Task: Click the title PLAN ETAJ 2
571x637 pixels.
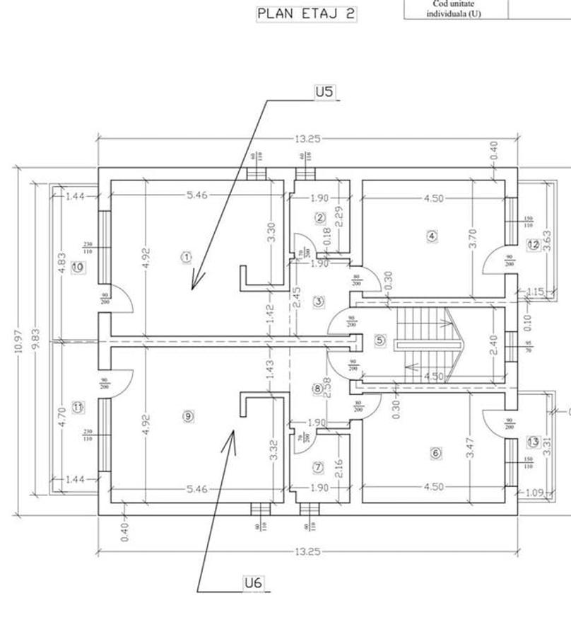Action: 306,13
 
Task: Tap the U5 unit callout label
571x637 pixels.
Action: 324,91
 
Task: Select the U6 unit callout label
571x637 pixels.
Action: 253,583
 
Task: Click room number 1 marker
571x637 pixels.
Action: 187,257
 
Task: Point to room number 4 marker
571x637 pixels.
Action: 432,236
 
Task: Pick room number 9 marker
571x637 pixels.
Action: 188,416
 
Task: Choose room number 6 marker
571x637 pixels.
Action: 435,453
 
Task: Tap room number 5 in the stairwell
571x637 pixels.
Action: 380,341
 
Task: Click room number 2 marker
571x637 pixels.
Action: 320,218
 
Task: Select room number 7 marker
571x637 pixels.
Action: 319,467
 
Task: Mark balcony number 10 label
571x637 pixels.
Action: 78,267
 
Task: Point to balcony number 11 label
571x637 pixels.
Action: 78,407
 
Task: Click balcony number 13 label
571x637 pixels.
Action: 533,442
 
